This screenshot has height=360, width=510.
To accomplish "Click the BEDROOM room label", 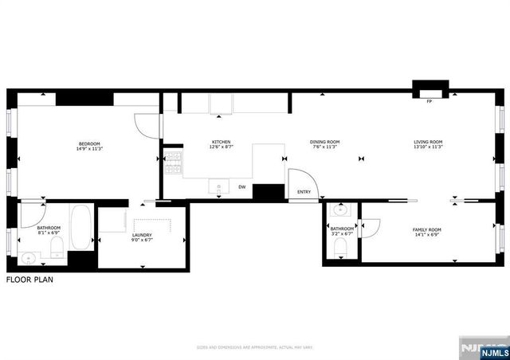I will click(88, 143).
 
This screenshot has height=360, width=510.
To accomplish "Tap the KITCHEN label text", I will click(221, 143).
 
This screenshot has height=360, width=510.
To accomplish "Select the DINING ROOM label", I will click(324, 143).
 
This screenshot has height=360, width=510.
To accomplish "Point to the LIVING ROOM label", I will click(428, 143).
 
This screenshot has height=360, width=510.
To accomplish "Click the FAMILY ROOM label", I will click(426, 229).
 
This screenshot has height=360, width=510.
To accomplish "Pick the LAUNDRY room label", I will click(142, 235).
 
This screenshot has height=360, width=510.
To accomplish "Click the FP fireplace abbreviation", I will click(430, 102).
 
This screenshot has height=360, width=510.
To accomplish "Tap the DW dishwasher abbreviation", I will click(242, 187).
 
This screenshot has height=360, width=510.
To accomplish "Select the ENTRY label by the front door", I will click(304, 192).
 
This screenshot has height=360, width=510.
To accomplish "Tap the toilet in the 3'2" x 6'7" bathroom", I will click(341, 248).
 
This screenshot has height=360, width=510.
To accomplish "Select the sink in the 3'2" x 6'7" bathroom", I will click(340, 212).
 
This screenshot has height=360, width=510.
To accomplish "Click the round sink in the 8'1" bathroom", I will click(29, 257).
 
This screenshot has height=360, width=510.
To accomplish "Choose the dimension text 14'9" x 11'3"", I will click(88, 148).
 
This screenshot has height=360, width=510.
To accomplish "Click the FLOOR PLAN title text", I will click(32, 280).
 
